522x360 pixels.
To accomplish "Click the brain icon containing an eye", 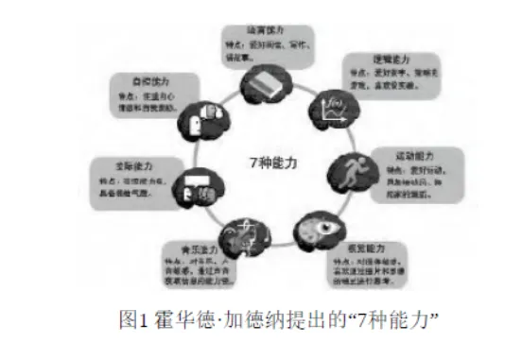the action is (x=308, y=231).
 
